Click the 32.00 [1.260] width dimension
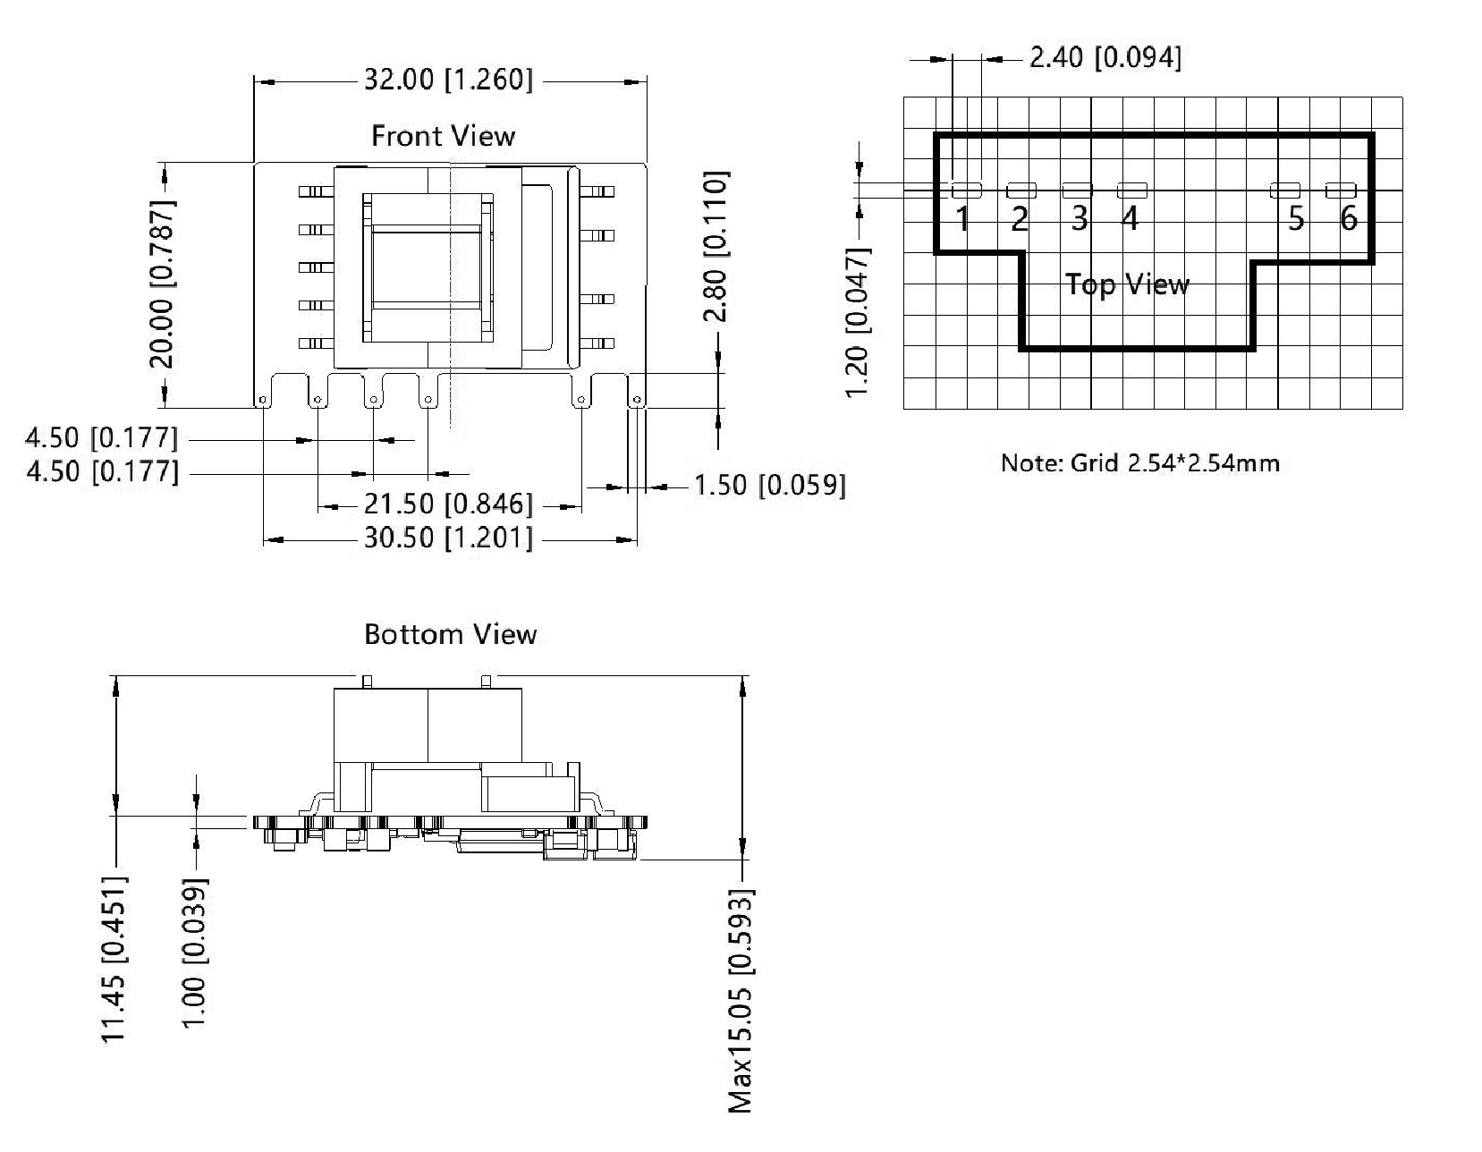coord(447,80)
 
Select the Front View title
coord(443,136)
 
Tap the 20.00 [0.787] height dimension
coord(162,283)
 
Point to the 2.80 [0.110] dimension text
coord(716,246)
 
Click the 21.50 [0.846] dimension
coord(447,504)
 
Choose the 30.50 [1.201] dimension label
coord(447,538)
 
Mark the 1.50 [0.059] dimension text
coord(769,486)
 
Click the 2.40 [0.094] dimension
coord(1105,58)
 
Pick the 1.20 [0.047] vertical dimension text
coord(857,324)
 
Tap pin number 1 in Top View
coord(962,219)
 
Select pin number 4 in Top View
coord(1130,218)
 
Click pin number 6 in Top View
coord(1349,218)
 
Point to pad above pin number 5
coord(1285,190)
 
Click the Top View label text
coord(1127,284)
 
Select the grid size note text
coord(1139,463)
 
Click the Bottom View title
coord(450,634)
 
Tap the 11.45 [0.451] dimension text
coord(114,959)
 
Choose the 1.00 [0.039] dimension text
coord(194,953)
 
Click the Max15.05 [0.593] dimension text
coord(741,1000)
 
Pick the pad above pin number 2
coord(1021,191)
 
